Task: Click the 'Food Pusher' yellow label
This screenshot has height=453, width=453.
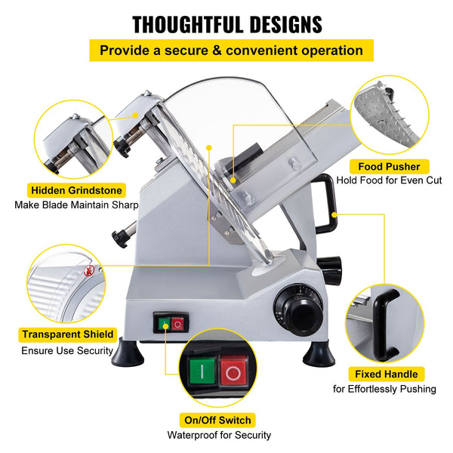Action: pyautogui.click(x=390, y=166)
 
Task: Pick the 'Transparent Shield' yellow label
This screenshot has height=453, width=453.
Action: pyautogui.click(x=68, y=334)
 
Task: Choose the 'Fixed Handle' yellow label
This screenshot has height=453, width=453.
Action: pyautogui.click(x=385, y=373)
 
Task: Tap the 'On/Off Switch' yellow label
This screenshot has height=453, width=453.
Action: pyautogui.click(x=217, y=420)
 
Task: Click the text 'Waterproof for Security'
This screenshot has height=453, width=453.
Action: pyautogui.click(x=219, y=435)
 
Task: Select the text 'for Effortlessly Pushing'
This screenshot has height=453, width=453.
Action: pyautogui.click(x=384, y=389)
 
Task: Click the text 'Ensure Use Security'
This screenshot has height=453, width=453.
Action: pyautogui.click(x=69, y=350)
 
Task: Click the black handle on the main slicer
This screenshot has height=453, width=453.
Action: pyautogui.click(x=325, y=204)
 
